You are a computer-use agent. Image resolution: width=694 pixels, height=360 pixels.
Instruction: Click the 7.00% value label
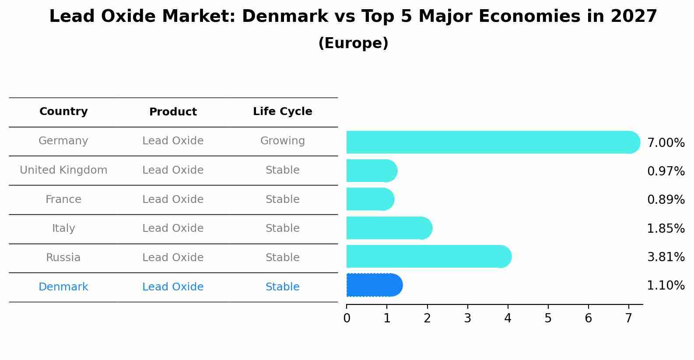tap(666, 143)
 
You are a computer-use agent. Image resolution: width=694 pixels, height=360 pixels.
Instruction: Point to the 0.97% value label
tap(666, 171)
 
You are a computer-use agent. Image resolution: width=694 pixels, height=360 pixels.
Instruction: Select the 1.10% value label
tap(666, 286)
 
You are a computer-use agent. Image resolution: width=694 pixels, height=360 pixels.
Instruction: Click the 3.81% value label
tap(666, 257)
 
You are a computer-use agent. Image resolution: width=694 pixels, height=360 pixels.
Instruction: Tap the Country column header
tap(63, 112)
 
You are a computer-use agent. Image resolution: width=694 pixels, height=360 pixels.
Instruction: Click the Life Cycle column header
tap(282, 112)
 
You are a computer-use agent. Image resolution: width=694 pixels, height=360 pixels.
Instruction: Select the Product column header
tap(173, 112)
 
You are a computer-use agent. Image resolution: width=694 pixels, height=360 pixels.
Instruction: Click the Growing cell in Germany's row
tap(282, 141)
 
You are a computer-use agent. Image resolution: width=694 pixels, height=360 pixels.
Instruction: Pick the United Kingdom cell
tap(63, 170)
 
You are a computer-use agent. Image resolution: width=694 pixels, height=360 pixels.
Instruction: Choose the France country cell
tap(63, 199)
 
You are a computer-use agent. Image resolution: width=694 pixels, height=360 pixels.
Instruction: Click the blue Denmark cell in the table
tap(63, 287)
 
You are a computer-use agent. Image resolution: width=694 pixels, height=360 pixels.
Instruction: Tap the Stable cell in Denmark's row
tap(282, 287)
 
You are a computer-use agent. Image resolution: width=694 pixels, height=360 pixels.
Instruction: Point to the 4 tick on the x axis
tap(508, 318)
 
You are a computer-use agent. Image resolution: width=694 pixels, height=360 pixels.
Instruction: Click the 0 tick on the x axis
tap(347, 318)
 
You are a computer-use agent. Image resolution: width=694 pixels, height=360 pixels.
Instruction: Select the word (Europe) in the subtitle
tap(353, 43)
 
